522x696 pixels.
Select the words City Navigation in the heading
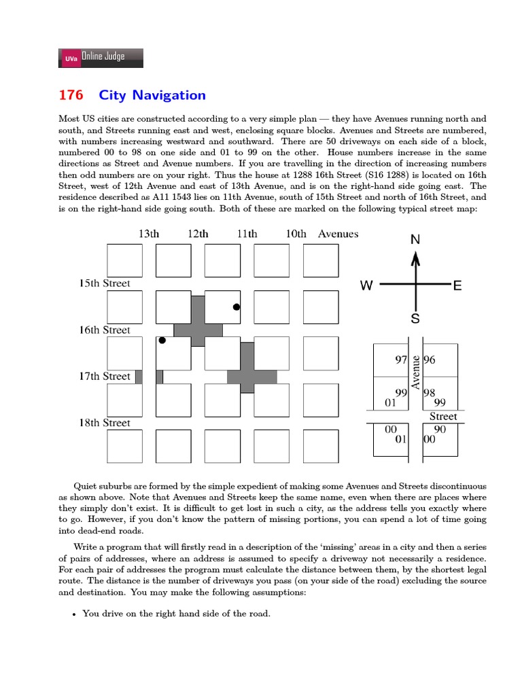pos(152,95)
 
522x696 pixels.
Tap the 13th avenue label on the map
pos(149,234)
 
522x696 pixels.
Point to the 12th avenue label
pos(198,234)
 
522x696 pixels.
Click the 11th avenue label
pos(247,234)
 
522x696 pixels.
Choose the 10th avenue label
pos(296,234)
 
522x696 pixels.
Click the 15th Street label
pos(105,283)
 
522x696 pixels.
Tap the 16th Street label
pos(105,330)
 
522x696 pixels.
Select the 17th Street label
pos(105,377)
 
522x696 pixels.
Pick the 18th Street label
pos(105,423)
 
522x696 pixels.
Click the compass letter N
pos(416,240)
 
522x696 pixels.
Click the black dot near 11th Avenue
pos(237,307)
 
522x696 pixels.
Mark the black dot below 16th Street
pos(162,341)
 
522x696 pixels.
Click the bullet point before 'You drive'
pos(74,614)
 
